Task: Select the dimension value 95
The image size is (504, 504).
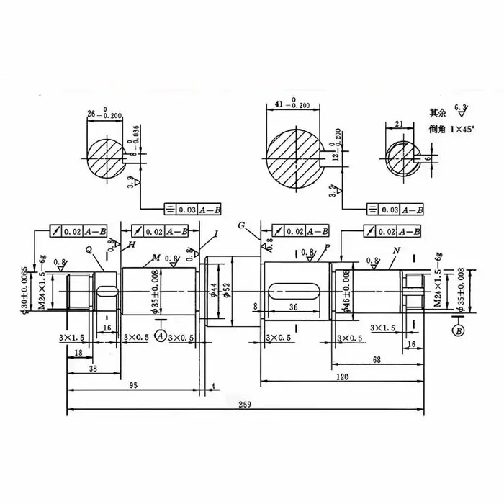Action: coord(133,386)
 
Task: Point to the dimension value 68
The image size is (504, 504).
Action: coord(377,359)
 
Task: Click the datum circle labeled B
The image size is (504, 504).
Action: coord(458,330)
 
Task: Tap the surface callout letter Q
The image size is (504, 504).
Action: coord(89,249)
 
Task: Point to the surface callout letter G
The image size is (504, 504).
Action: coord(243,227)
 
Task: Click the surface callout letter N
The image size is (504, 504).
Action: coord(397,251)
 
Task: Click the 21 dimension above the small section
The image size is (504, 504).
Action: coord(399,124)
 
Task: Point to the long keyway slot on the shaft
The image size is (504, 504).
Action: coord(295,291)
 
